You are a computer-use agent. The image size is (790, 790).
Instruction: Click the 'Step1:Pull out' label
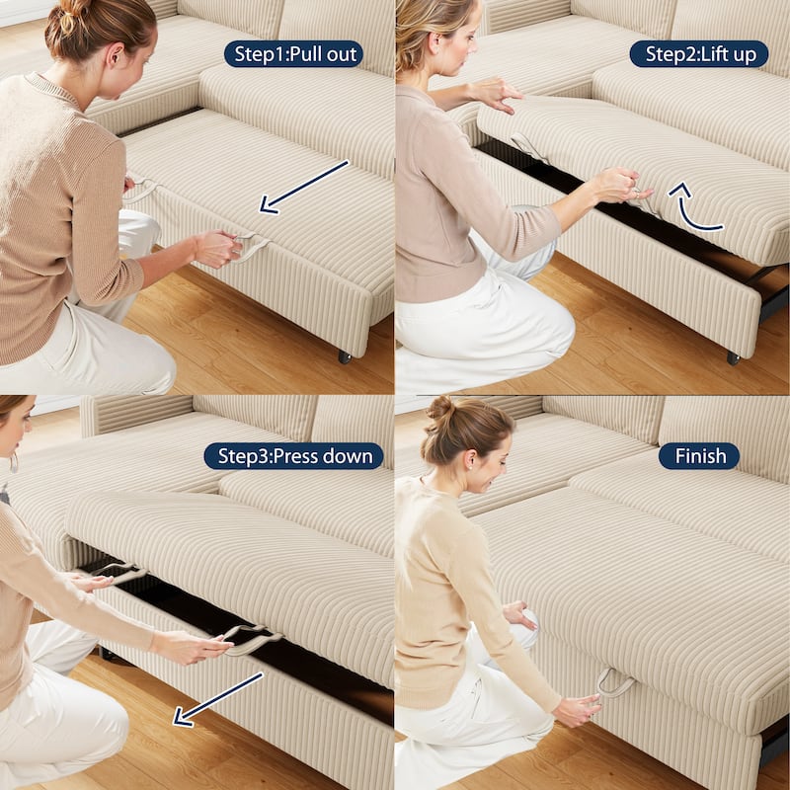click(x=293, y=53)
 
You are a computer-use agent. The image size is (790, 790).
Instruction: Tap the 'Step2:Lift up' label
click(x=699, y=53)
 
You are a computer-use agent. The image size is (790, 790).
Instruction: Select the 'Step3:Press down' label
click(x=293, y=455)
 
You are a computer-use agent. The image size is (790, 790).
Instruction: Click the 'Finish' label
click(x=699, y=455)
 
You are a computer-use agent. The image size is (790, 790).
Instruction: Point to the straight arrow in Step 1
click(x=303, y=186)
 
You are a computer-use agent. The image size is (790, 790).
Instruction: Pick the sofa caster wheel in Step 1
click(x=345, y=356)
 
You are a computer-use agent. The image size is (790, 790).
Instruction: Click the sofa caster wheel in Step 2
click(x=733, y=357)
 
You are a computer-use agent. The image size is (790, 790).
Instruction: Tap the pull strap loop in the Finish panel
click(x=614, y=681)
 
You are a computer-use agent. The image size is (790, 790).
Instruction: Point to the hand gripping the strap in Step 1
click(x=217, y=248)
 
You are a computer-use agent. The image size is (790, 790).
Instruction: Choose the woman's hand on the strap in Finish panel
click(x=577, y=709)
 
